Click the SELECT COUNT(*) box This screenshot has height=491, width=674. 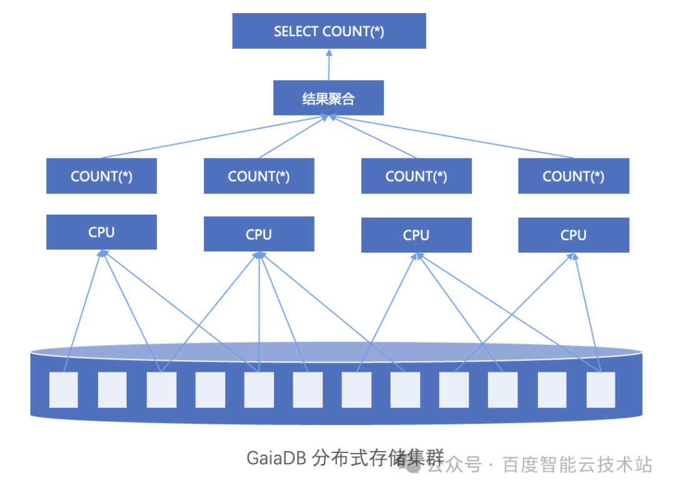(329, 31)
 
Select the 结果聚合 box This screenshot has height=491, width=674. (328, 98)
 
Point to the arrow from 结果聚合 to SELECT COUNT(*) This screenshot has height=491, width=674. (329, 65)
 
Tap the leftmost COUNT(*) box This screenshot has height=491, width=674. (101, 176)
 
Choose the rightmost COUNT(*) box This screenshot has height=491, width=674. (574, 176)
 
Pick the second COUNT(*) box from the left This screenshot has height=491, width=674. (258, 176)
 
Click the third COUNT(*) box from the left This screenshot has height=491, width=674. (416, 176)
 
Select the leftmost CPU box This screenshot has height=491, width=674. (101, 232)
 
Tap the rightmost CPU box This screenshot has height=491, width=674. (574, 235)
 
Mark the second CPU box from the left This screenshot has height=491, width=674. (258, 234)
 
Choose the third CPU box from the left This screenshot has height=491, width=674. (416, 235)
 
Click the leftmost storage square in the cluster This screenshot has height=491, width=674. (64, 390)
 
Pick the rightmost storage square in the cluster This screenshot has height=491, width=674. (600, 390)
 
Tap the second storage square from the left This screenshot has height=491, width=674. (112, 390)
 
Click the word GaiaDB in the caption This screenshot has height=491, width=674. (276, 459)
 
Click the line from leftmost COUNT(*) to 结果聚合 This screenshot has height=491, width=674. (212, 137)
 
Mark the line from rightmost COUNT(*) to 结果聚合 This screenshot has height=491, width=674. (449, 137)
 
